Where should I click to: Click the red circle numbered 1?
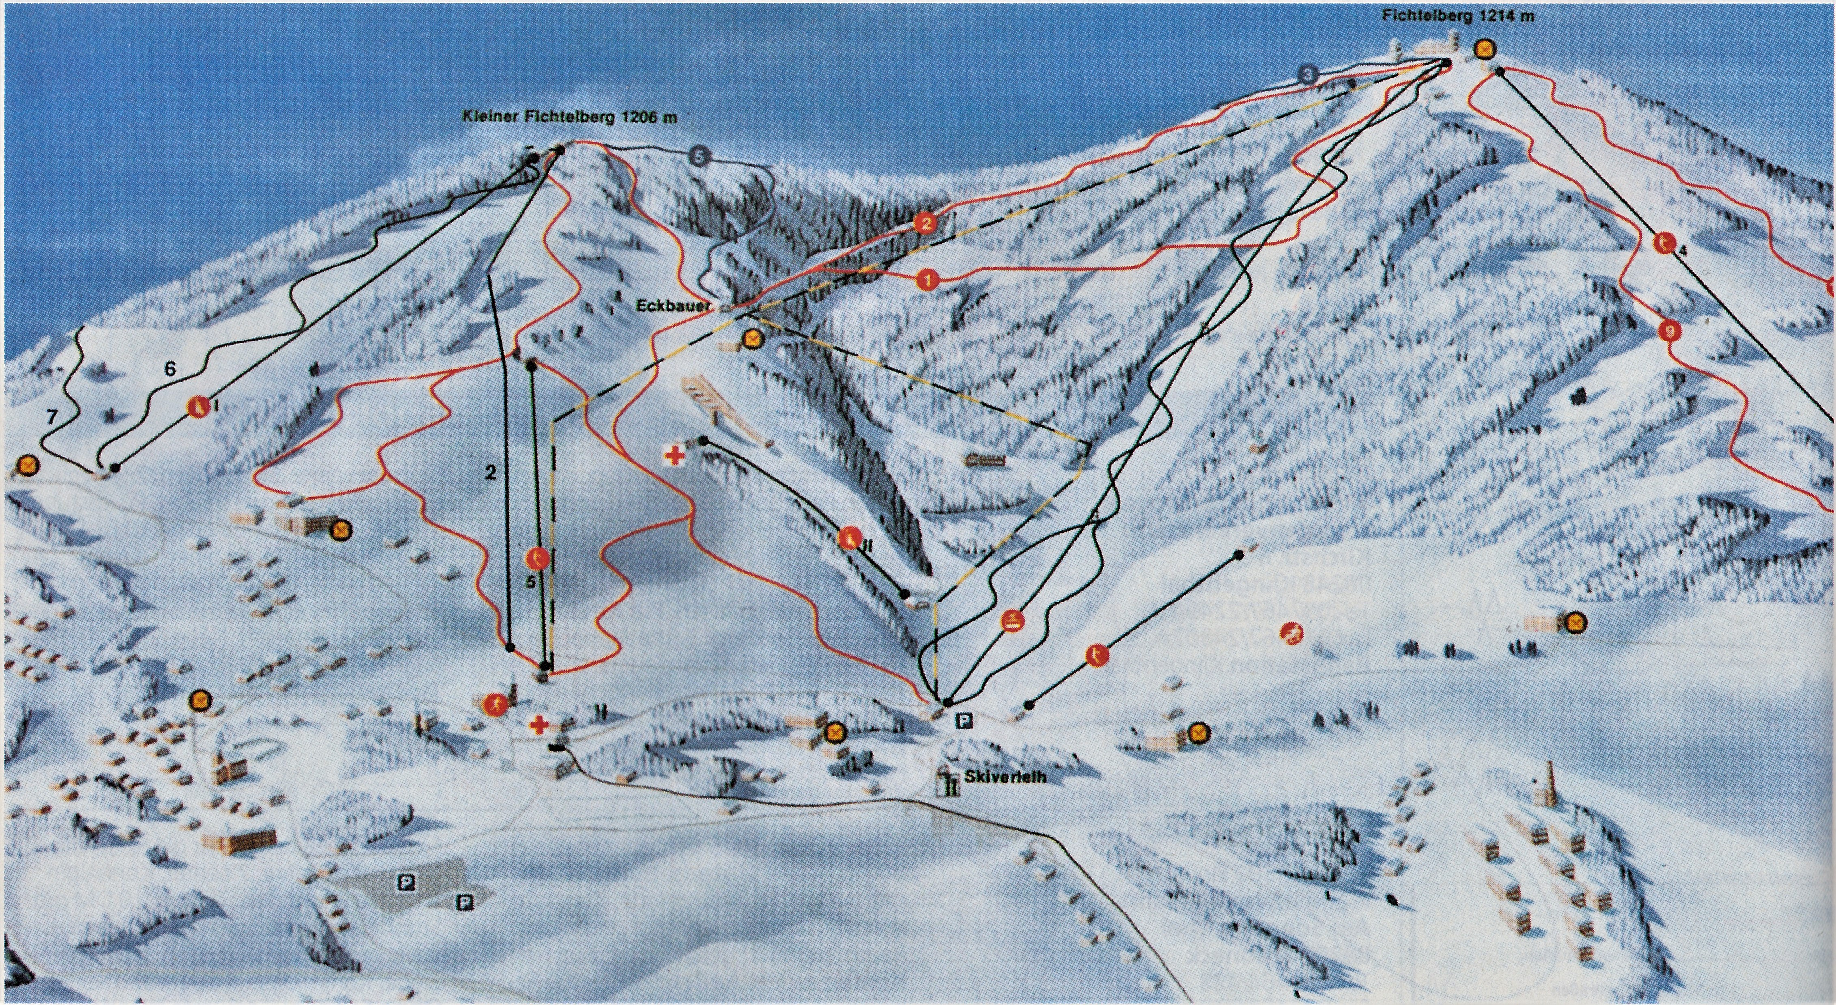coord(927,279)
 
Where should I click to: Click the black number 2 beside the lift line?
coord(490,472)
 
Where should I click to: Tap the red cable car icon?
coord(1012,621)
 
